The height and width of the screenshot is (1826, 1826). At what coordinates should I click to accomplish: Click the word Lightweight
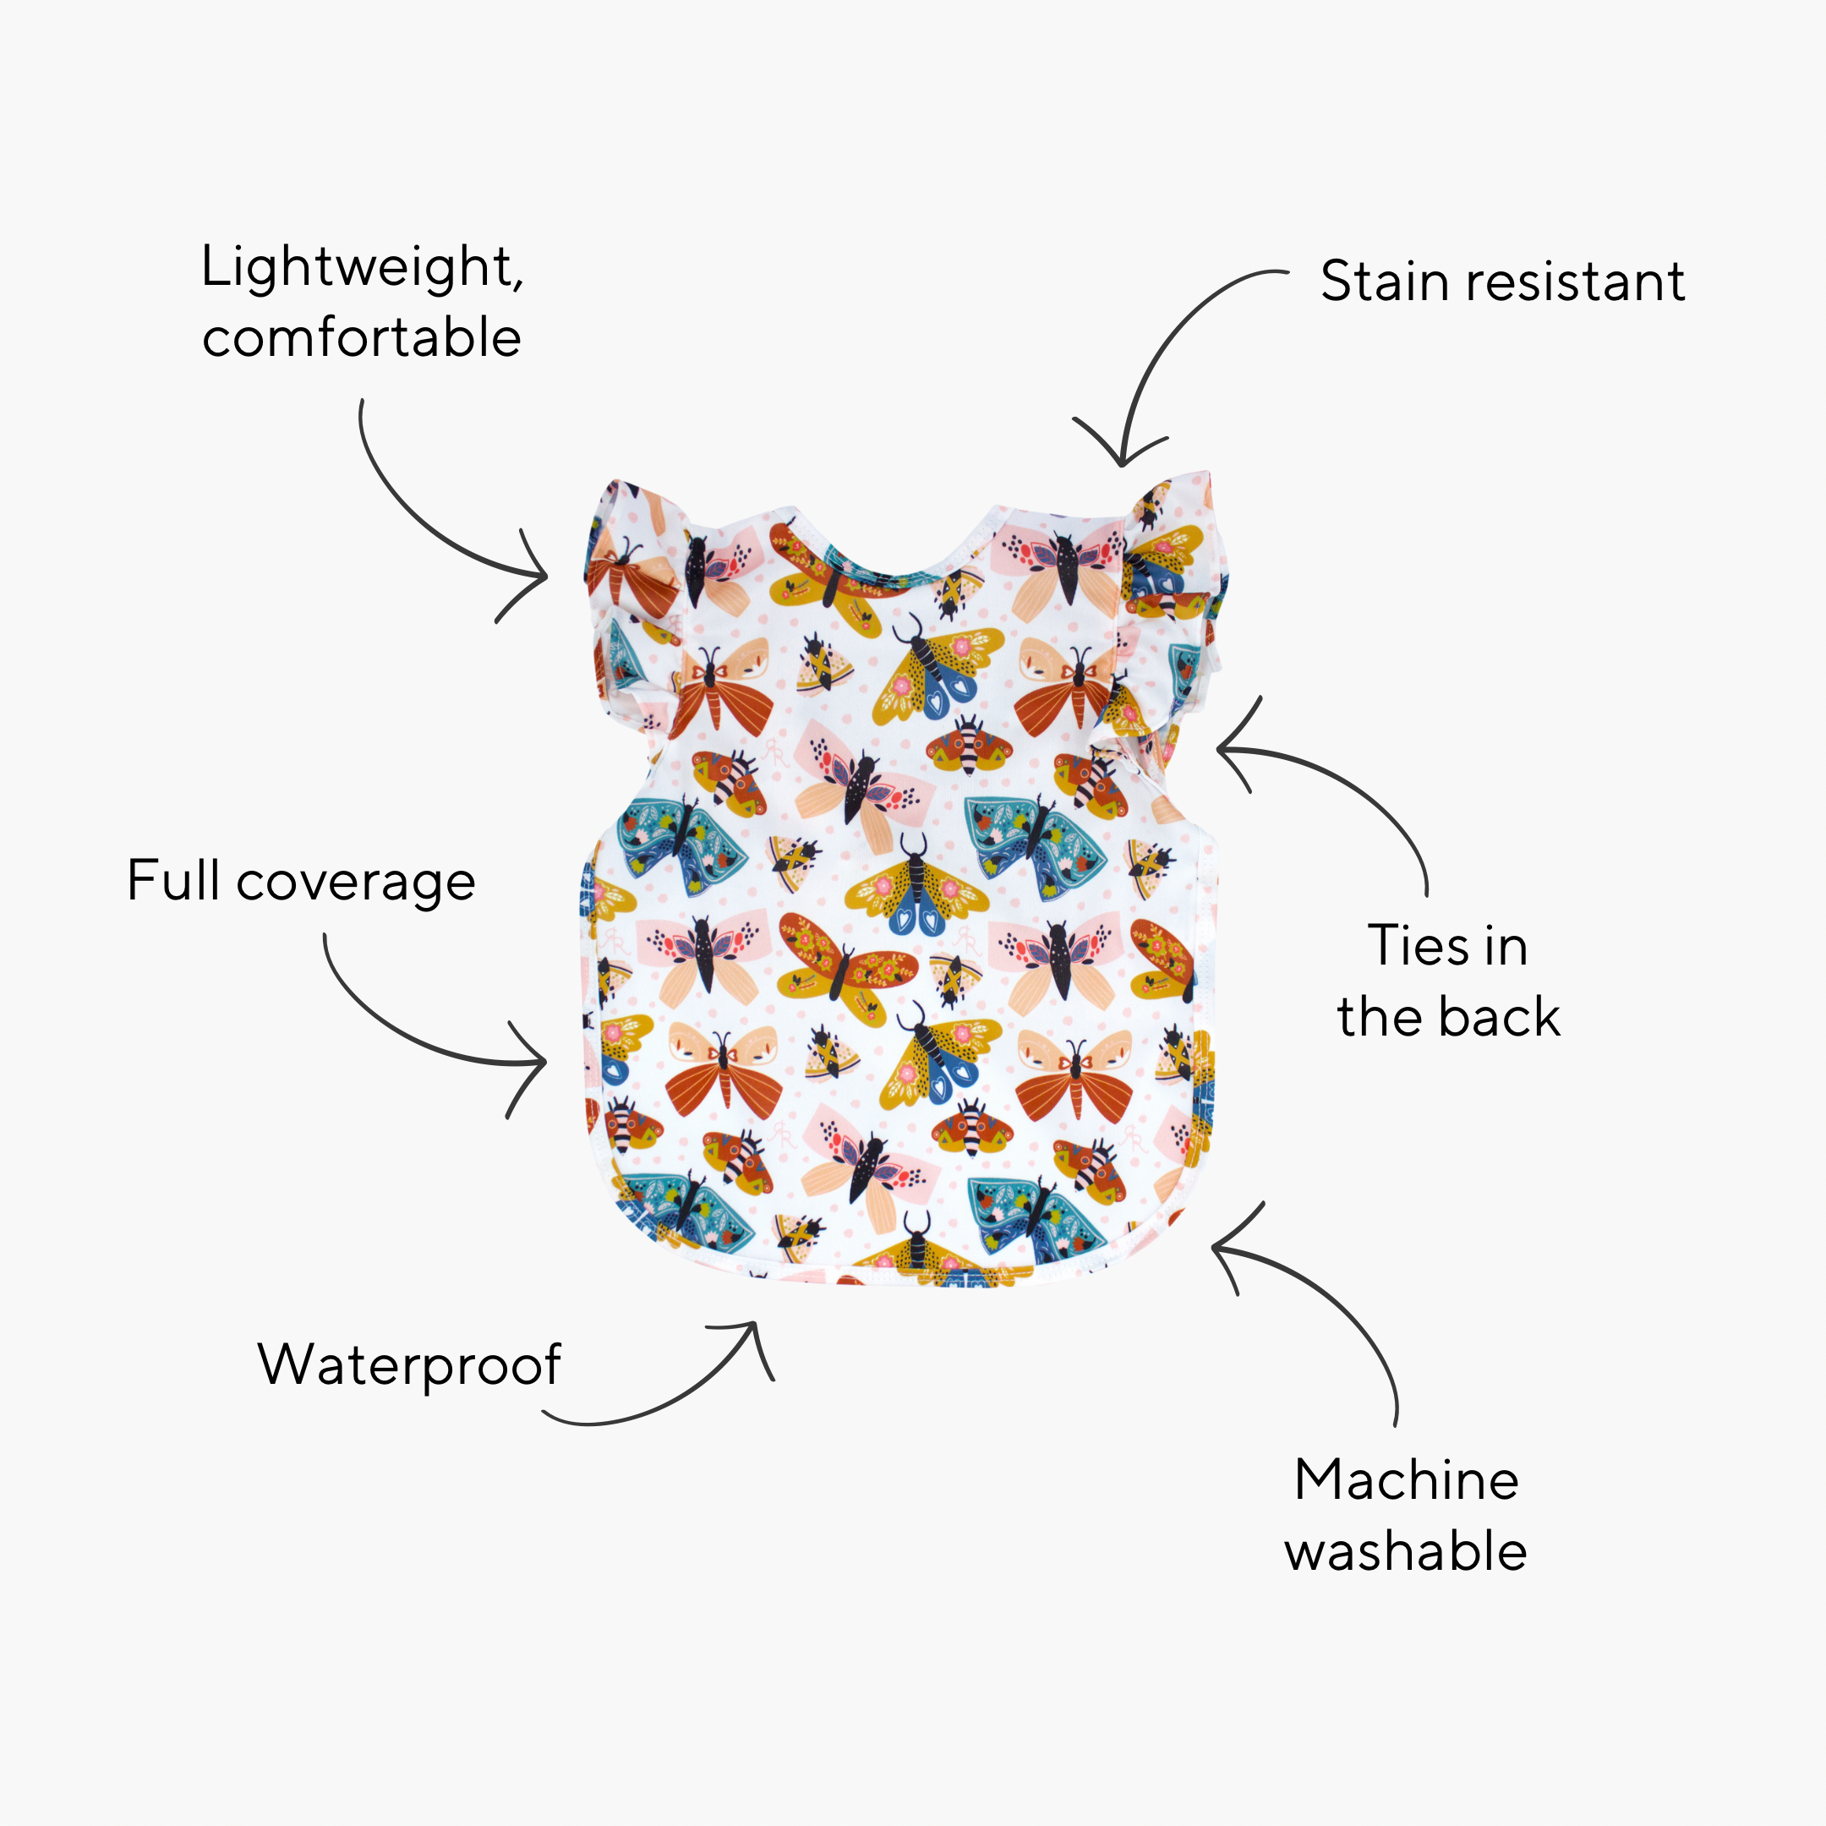(x=359, y=267)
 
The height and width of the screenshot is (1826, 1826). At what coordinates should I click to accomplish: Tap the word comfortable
(x=361, y=338)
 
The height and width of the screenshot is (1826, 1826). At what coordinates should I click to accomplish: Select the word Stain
(x=1384, y=282)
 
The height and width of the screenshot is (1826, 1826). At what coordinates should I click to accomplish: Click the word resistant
(x=1567, y=282)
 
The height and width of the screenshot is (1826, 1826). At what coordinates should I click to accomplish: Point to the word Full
(x=173, y=881)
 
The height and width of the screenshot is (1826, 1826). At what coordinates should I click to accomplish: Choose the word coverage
(x=355, y=883)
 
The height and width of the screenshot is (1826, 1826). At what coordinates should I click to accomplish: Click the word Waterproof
(x=409, y=1366)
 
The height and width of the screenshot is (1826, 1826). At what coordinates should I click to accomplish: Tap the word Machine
(x=1407, y=1480)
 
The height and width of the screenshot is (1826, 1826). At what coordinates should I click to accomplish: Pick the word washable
(x=1405, y=1553)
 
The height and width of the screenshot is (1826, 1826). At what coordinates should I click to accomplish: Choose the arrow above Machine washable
(x=1323, y=1295)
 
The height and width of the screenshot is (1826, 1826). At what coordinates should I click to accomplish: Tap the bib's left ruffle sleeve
(x=628, y=605)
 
